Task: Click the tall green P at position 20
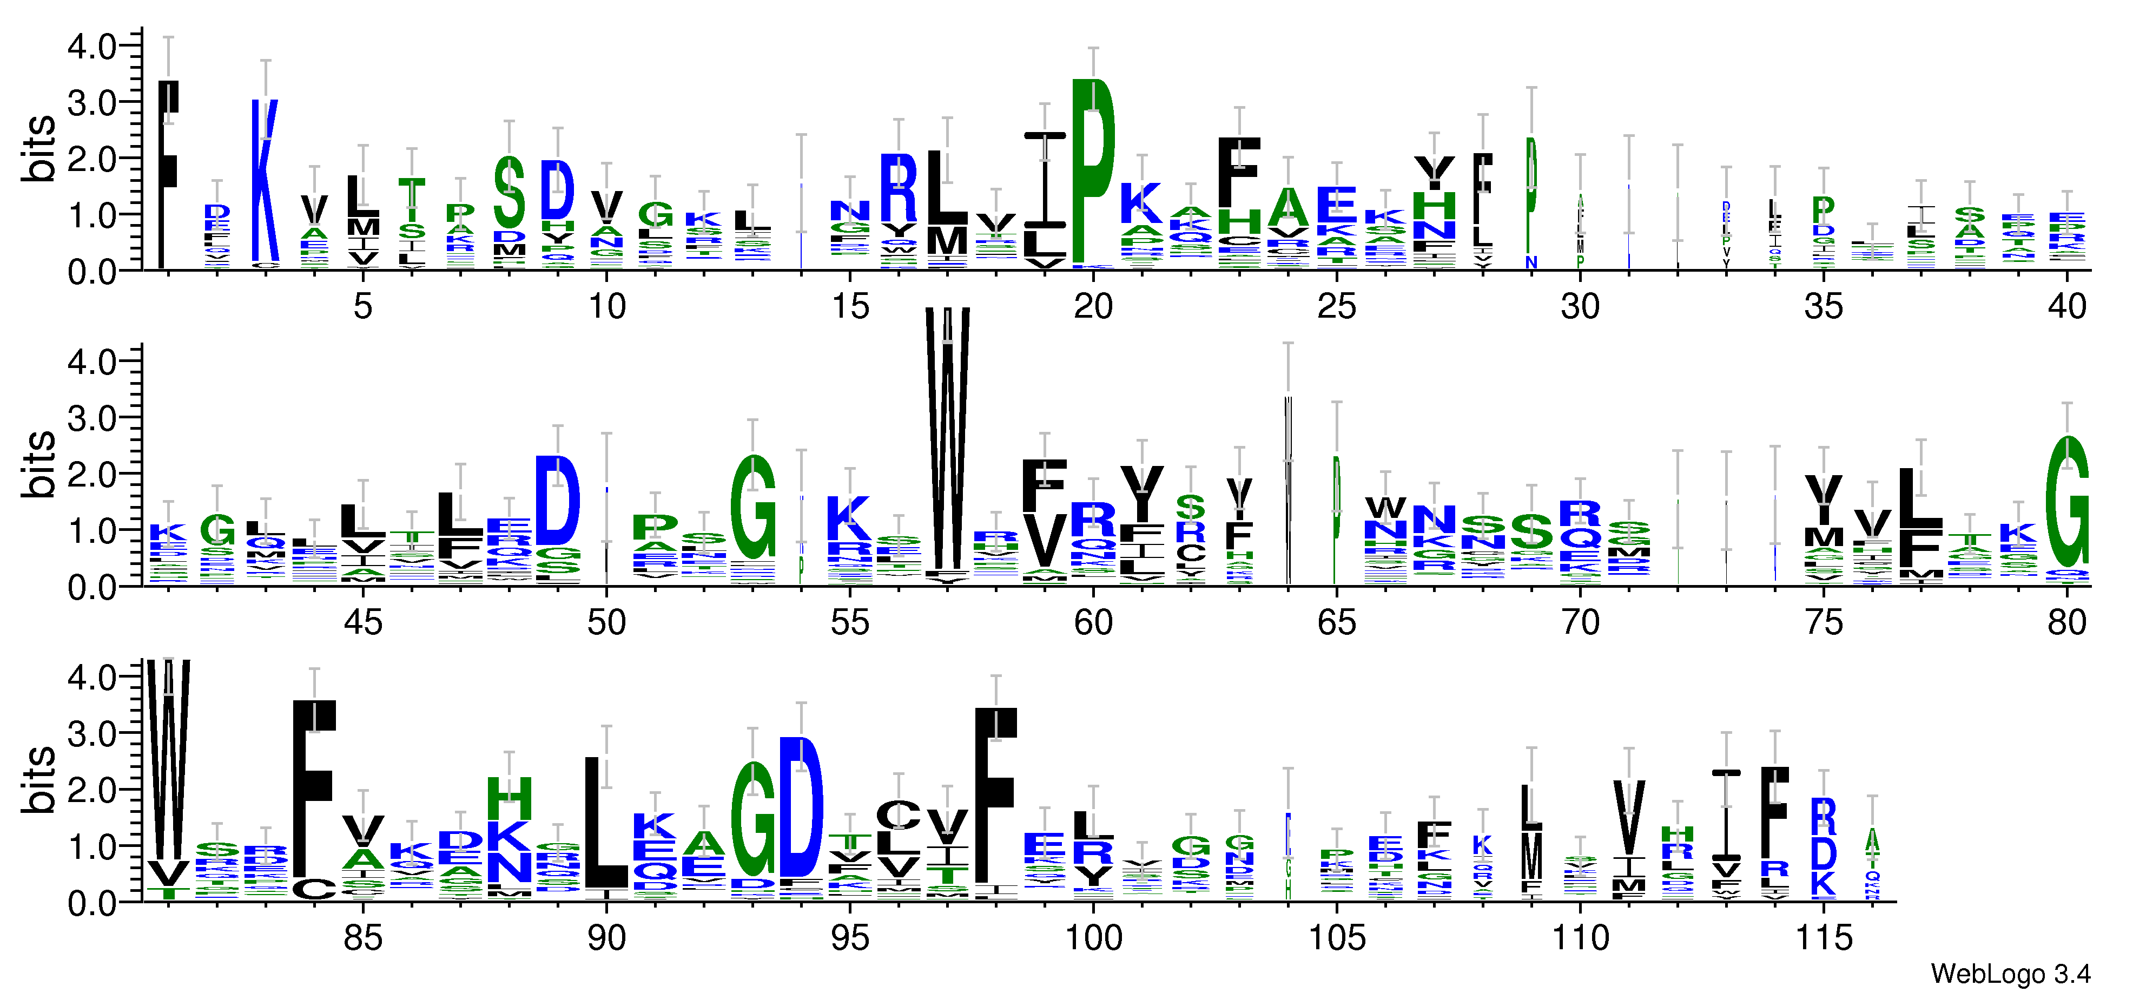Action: click(1093, 171)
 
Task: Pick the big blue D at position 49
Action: click(557, 500)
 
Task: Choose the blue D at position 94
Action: click(801, 807)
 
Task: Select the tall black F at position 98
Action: click(995, 796)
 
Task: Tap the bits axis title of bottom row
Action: click(39, 779)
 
